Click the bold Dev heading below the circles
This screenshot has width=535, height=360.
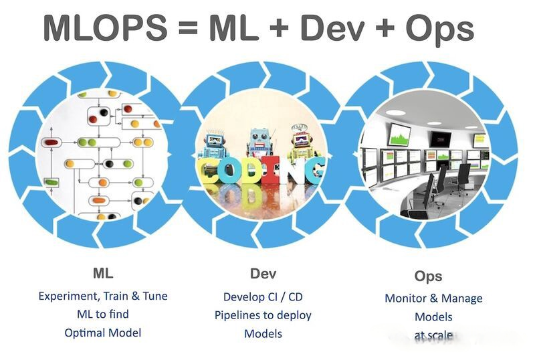pyautogui.click(x=263, y=274)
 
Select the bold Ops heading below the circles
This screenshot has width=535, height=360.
pyautogui.click(x=428, y=276)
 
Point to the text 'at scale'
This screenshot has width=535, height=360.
pyautogui.click(x=433, y=335)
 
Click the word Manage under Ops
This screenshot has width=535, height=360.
pyautogui.click(x=462, y=298)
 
